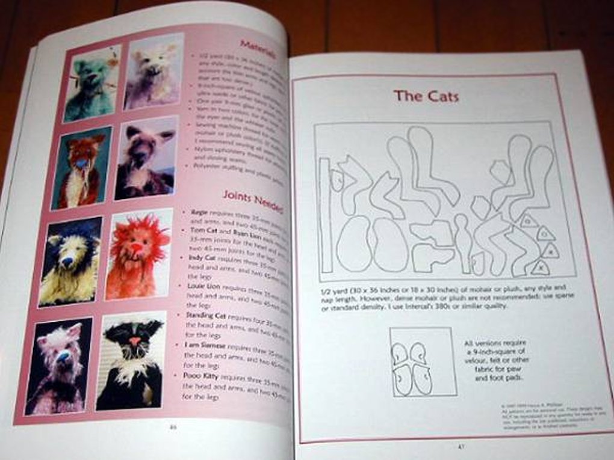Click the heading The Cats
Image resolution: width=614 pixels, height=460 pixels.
point(426,96)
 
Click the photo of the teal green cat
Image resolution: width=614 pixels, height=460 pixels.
point(91,82)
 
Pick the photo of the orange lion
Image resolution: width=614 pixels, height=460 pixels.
point(138,253)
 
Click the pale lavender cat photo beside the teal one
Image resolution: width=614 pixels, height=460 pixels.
point(153,72)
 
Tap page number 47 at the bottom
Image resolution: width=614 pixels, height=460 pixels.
point(461,446)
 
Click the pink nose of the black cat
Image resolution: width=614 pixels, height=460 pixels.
point(135,342)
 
